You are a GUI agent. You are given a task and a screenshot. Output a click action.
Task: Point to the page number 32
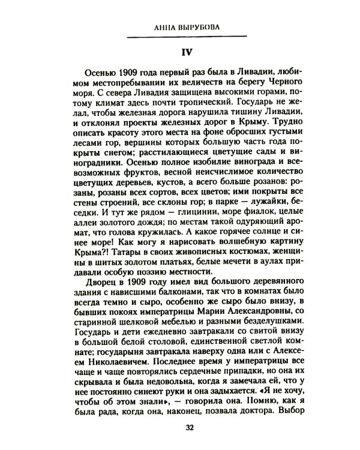pos(181,427)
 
